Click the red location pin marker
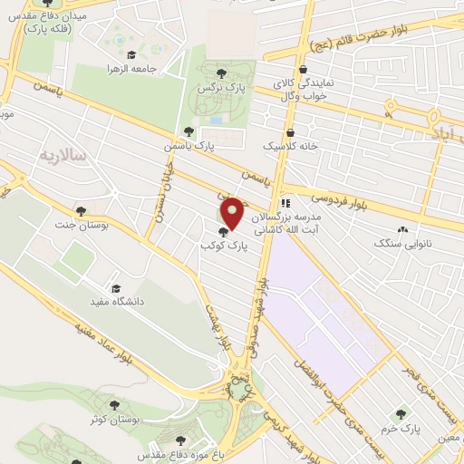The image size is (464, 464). [233, 214]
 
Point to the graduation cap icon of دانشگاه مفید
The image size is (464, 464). [115, 287]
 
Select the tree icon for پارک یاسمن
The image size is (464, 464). [188, 131]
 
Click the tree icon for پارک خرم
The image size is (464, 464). [401, 414]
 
